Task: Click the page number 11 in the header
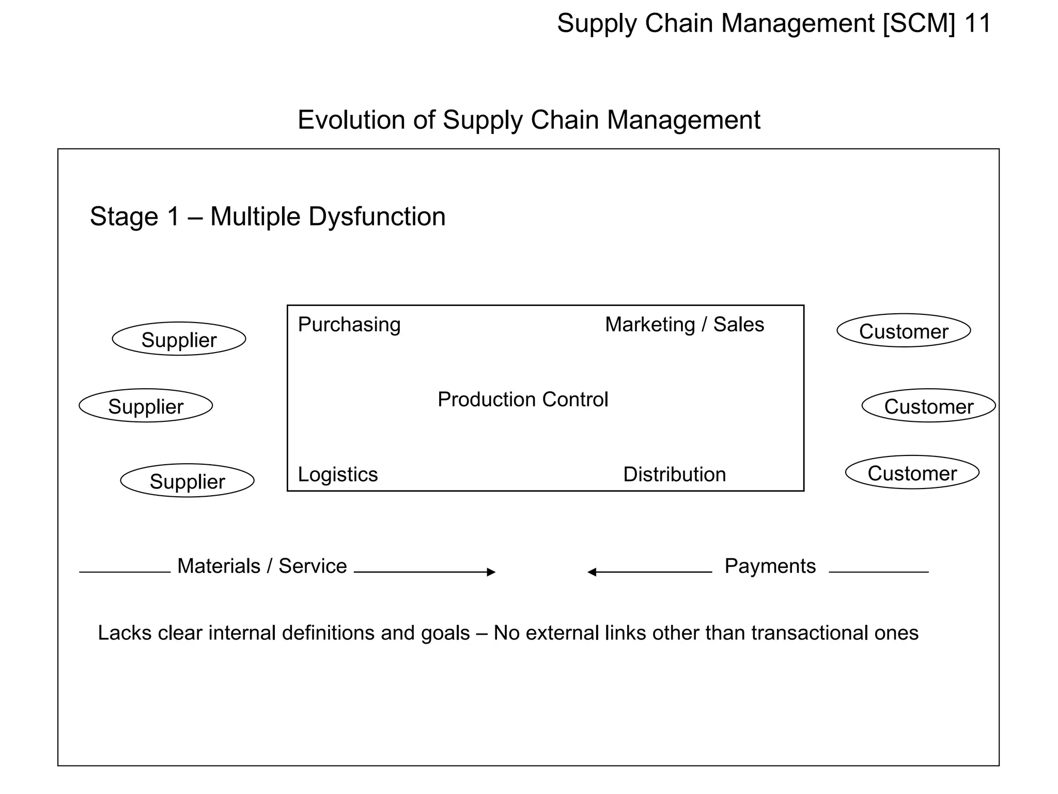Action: coord(977,23)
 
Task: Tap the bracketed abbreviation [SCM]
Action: coord(919,23)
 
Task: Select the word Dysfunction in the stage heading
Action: coord(377,217)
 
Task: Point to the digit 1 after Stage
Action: coord(174,217)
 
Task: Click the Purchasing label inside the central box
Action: coord(349,325)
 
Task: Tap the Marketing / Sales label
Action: coord(684,325)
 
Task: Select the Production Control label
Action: coord(523,400)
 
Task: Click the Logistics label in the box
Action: coord(338,475)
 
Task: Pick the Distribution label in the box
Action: coord(675,475)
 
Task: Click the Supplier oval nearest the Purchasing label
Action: coord(179,339)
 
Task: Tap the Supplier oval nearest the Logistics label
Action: coord(187,481)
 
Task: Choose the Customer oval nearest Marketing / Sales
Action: coord(904,331)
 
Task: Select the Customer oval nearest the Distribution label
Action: coord(912,472)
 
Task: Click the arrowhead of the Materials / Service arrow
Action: coord(491,572)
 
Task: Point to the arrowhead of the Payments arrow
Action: coord(592,572)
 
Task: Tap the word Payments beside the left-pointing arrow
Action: coord(770,566)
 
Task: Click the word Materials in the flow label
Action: coord(219,566)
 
